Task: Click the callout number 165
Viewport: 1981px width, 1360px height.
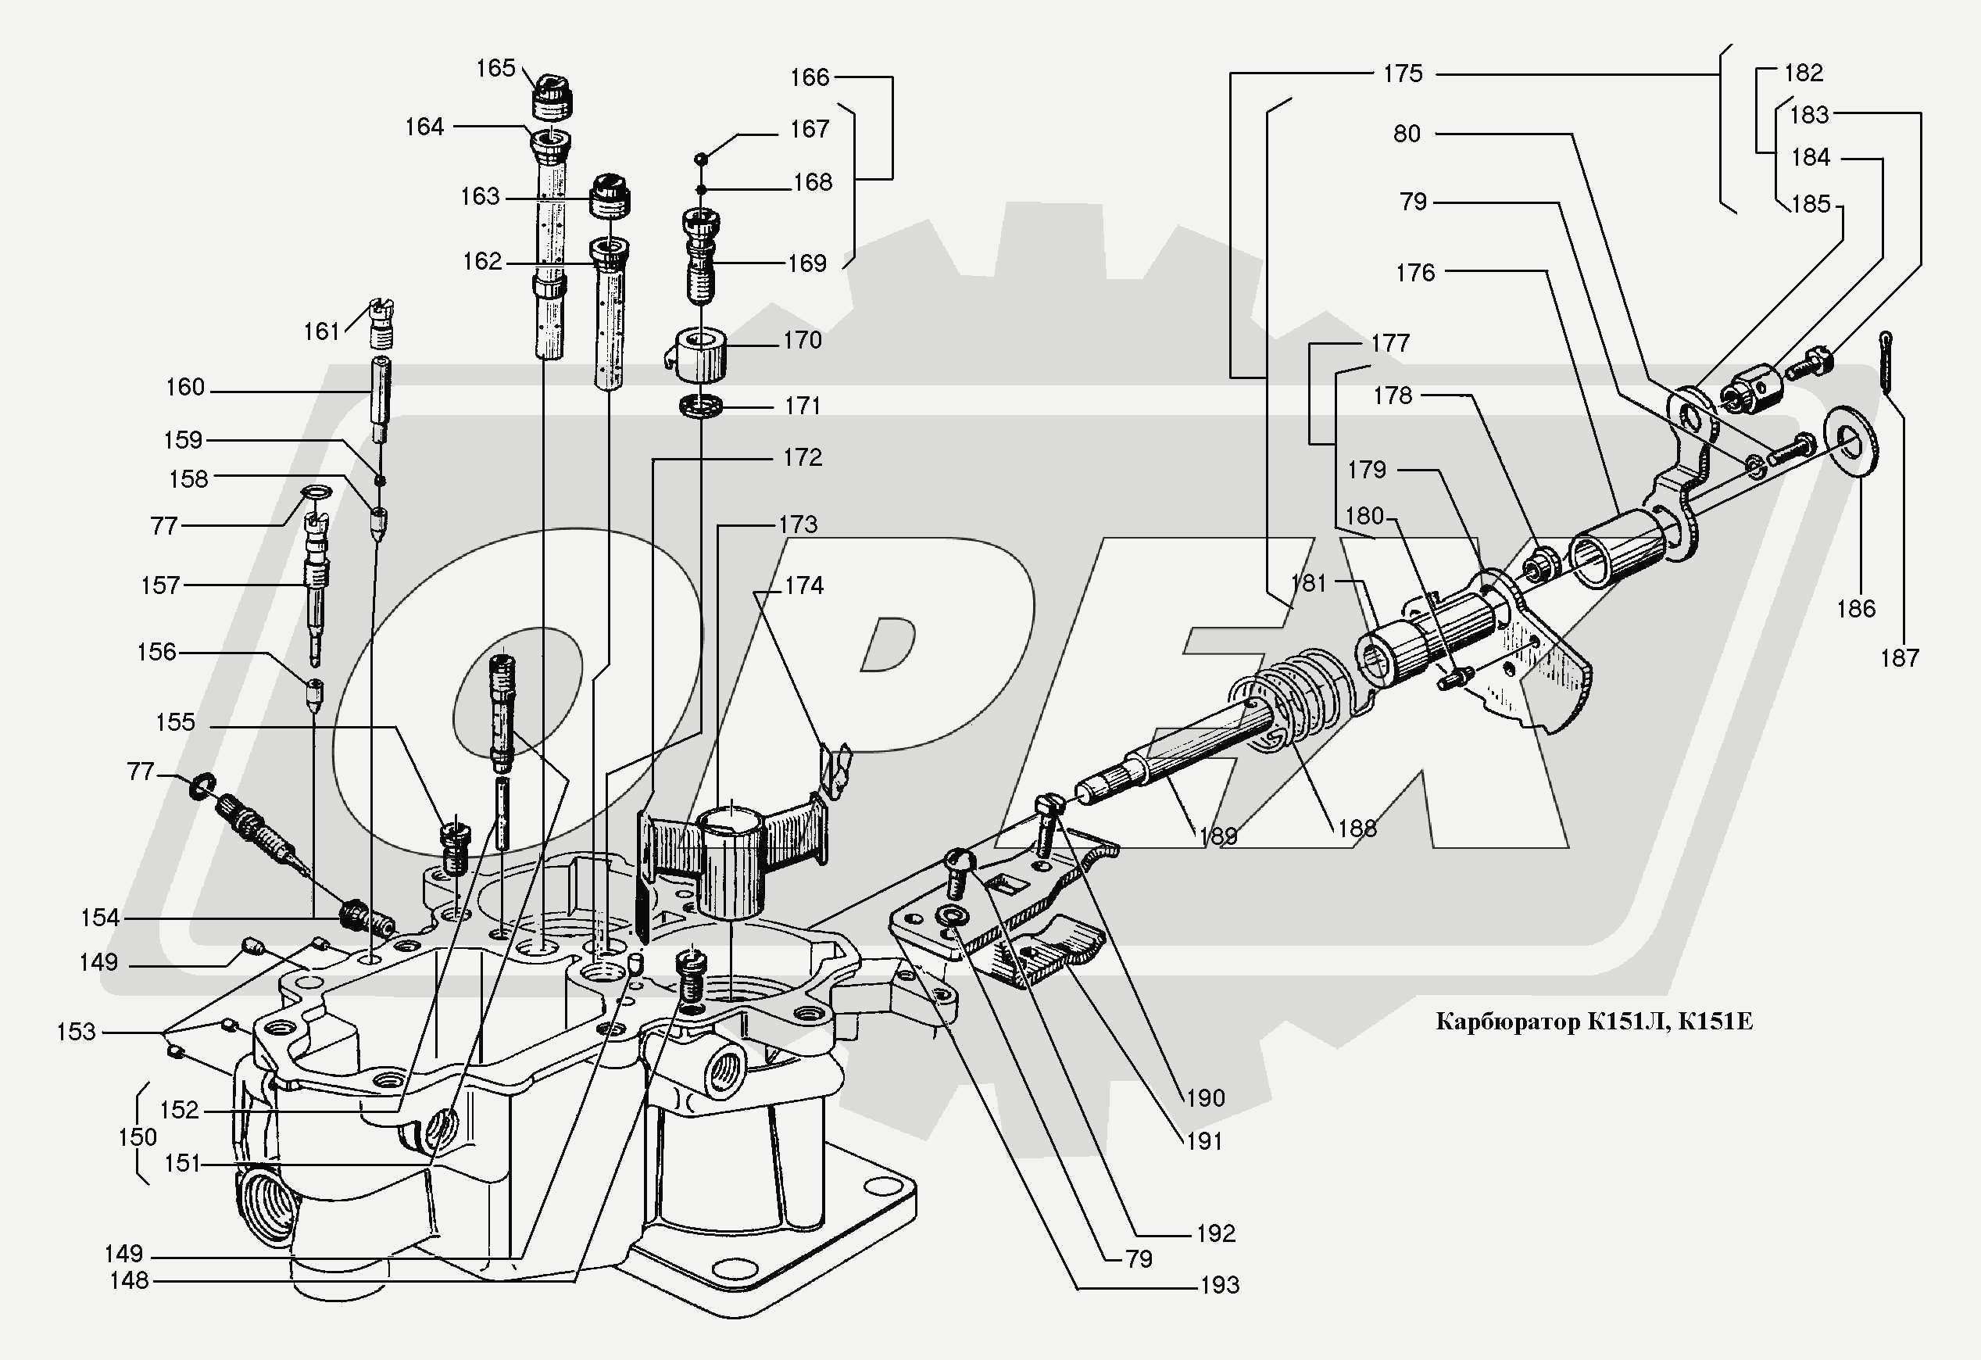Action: coord(495,67)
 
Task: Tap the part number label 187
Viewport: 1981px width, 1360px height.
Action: coord(1899,657)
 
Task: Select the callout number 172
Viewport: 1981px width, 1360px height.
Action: coord(802,457)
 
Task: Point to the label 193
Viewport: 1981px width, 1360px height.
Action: coord(1219,1285)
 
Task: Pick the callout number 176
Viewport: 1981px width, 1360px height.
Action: coord(1415,273)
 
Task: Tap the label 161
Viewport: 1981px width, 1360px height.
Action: coord(321,331)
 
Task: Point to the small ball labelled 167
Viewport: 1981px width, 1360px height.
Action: coord(701,158)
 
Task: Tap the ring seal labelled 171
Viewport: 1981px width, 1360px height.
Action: coord(702,406)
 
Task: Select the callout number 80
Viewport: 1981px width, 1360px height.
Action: coord(1407,134)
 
